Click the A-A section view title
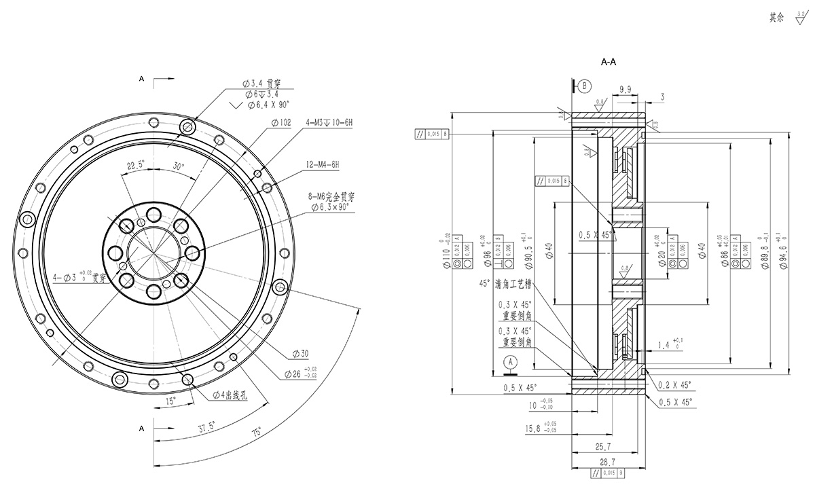click(609, 62)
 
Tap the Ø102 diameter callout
click(280, 122)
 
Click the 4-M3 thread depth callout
click(329, 122)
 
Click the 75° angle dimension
click(256, 431)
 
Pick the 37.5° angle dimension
click(208, 428)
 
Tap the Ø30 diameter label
click(300, 354)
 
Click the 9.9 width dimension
click(626, 88)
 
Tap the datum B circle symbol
click(586, 86)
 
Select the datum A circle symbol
click(508, 363)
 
